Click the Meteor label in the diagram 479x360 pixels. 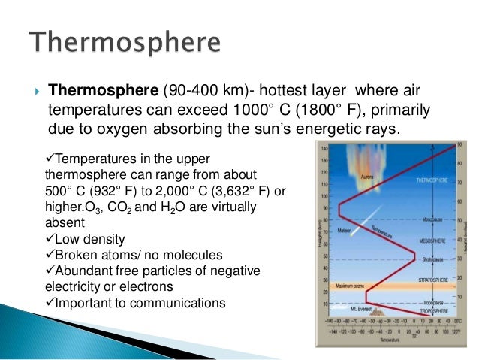click(345, 230)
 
